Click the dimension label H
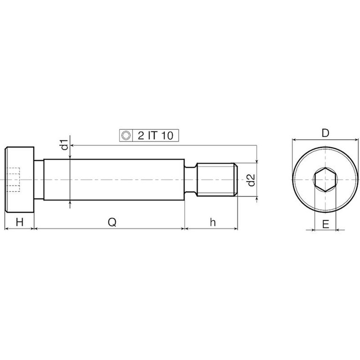pos(20,222)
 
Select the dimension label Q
pos(112,222)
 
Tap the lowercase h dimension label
pos(213,222)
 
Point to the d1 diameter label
pos(65,144)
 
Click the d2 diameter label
pos(251,180)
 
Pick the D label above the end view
pos(325,133)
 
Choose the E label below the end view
pos(326,224)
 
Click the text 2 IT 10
pos(156,135)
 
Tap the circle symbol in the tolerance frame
pos(126,135)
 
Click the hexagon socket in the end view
pos(325,180)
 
